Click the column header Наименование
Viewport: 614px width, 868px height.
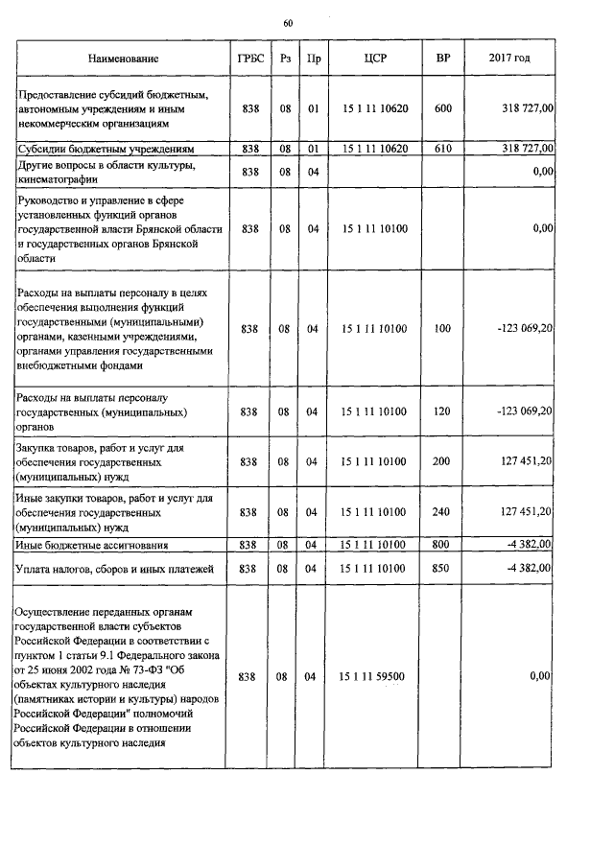(123, 59)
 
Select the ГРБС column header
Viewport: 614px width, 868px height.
(249, 59)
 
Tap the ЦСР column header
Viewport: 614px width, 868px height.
(375, 59)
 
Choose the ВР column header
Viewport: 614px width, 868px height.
(442, 59)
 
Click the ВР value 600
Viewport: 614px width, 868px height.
(442, 109)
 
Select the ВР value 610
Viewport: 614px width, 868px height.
(442, 149)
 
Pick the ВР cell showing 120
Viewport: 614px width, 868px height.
(442, 411)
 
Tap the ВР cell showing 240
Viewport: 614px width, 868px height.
(442, 512)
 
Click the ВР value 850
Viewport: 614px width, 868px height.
(442, 570)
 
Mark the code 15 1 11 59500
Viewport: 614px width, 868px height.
(375, 676)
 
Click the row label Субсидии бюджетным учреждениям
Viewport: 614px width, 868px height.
(106, 150)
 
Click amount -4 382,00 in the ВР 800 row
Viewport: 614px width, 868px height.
(526, 545)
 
